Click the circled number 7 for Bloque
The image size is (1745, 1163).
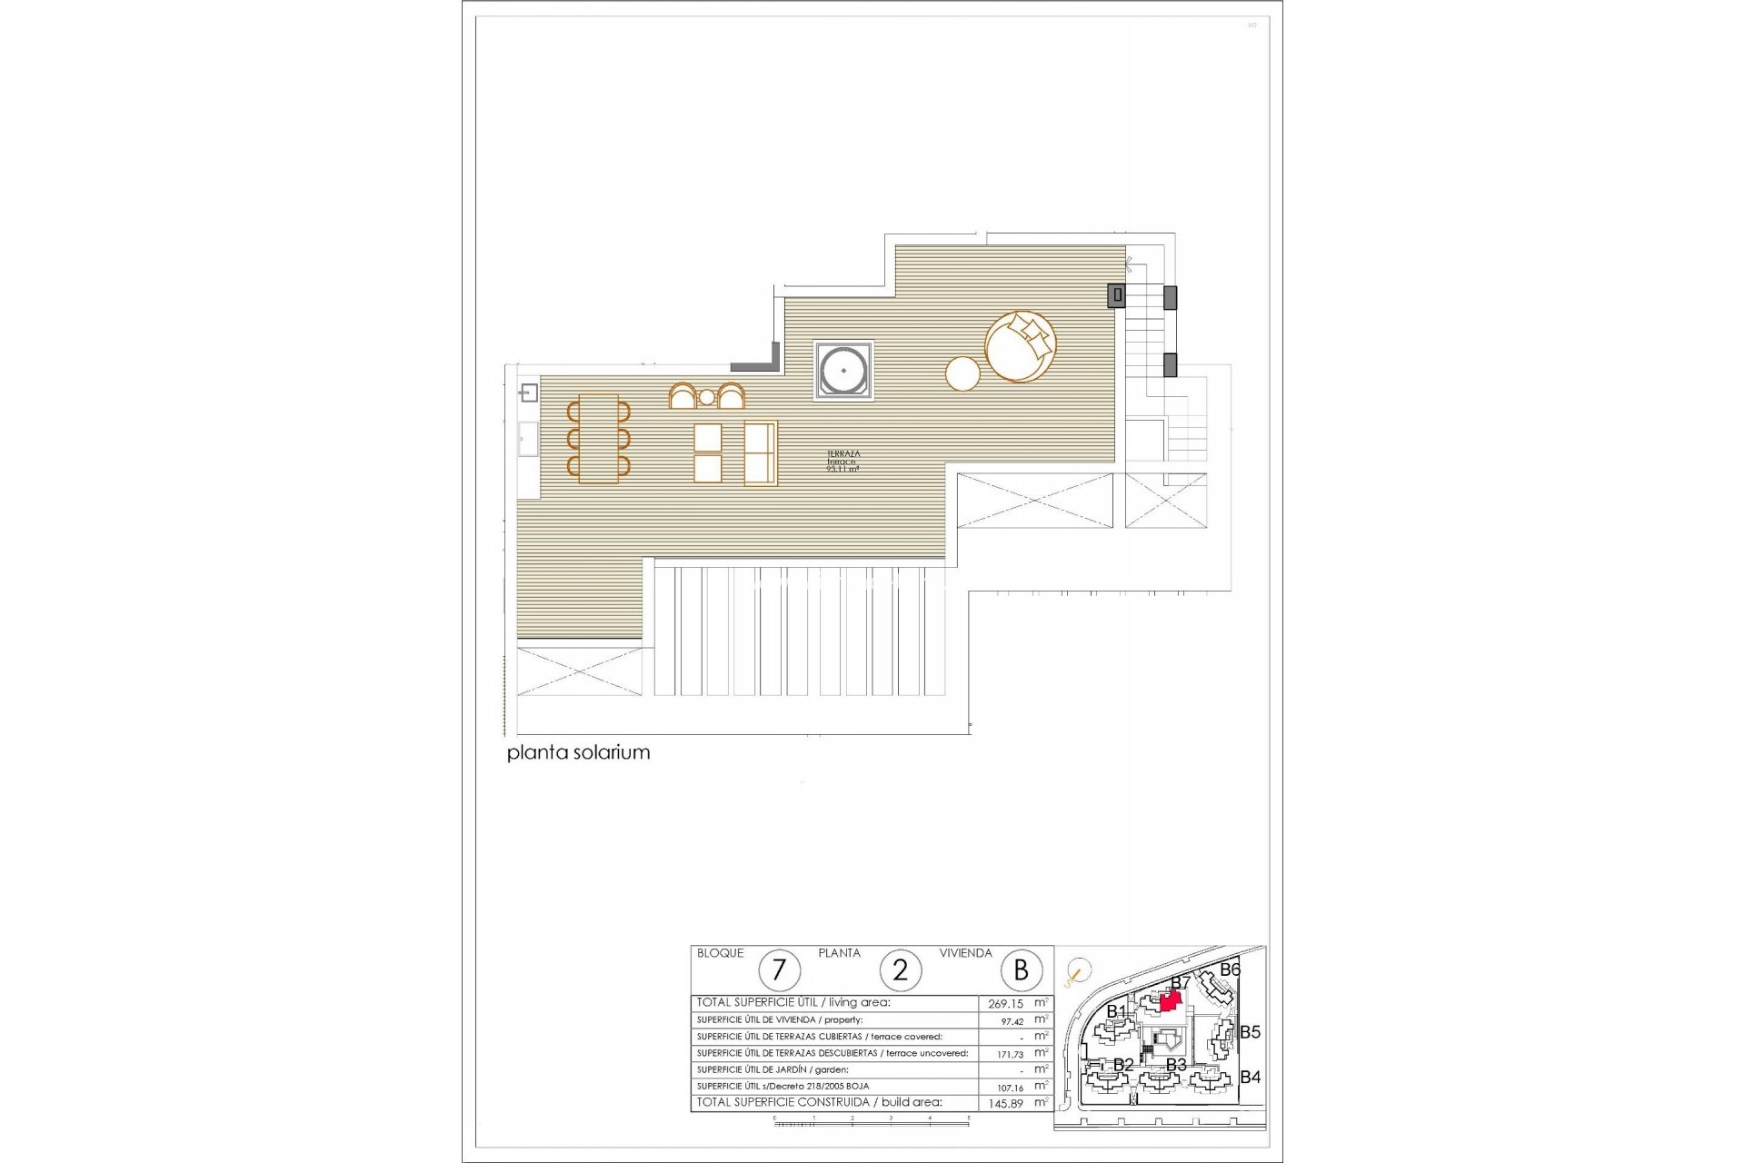click(779, 970)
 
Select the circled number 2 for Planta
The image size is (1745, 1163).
click(900, 970)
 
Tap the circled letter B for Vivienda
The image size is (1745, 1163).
click(1021, 970)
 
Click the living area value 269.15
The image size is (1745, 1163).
click(1005, 1004)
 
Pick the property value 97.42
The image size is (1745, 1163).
click(1012, 1021)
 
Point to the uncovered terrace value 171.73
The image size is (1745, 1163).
click(1010, 1055)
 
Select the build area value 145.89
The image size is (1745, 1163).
click(1005, 1104)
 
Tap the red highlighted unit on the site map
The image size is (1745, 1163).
click(1172, 999)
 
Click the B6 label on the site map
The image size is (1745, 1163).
click(1230, 970)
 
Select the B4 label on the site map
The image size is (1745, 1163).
click(1250, 1078)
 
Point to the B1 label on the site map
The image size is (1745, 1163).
click(1116, 1012)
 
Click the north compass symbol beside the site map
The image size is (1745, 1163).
click(1078, 973)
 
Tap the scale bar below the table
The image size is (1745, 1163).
click(871, 1123)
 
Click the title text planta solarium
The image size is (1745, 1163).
click(578, 753)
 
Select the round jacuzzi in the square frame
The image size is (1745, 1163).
click(843, 371)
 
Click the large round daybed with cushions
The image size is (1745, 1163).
click(1020, 346)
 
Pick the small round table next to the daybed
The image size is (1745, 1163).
click(962, 373)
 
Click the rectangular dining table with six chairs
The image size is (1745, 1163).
click(598, 439)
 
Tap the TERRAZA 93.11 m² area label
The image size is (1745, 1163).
click(843, 462)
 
